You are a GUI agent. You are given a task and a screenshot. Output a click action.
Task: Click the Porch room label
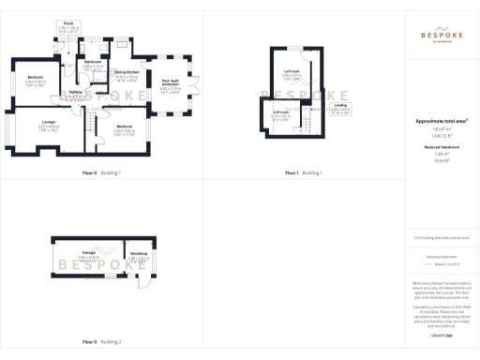68,25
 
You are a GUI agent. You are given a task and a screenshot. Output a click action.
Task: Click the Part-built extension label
170,84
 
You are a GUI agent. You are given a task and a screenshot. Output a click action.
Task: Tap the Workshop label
138,256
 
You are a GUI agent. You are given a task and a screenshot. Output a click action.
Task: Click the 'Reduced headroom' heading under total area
441,147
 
